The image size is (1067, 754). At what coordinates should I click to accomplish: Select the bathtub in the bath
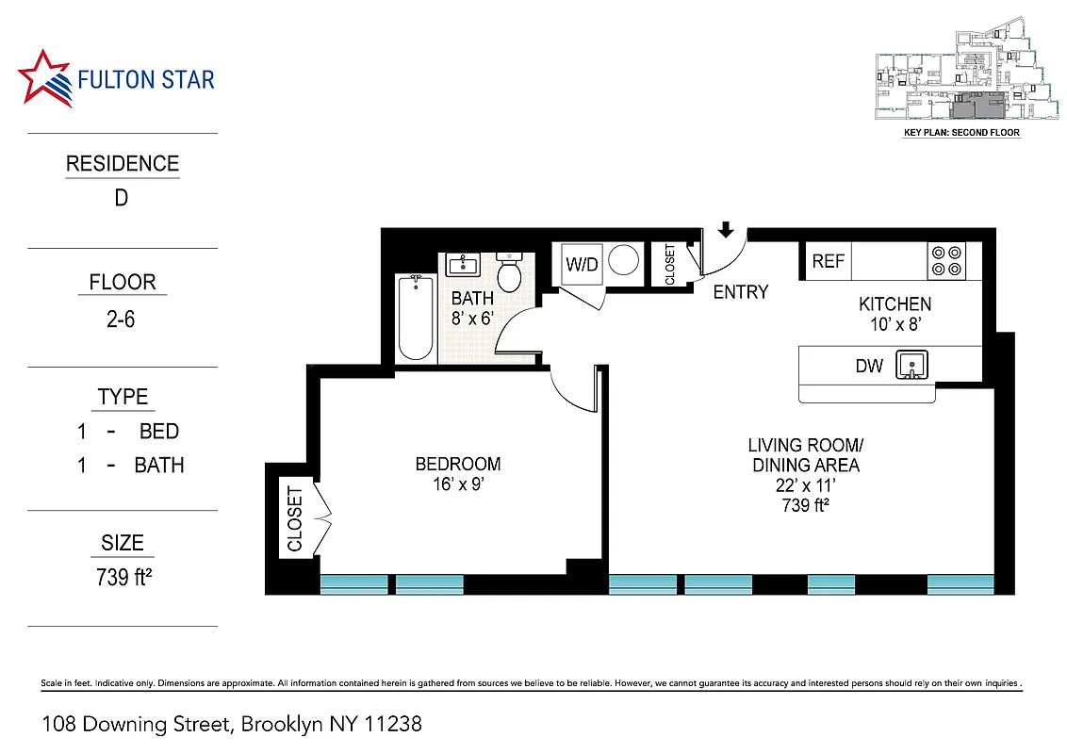pyautogui.click(x=415, y=318)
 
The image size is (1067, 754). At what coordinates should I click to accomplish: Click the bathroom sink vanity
pyautogui.click(x=462, y=264)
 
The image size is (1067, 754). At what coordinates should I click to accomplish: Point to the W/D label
pyautogui.click(x=582, y=265)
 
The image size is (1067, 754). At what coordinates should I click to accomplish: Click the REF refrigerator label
pyautogui.click(x=828, y=261)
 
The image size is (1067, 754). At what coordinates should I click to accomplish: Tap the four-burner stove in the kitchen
pyautogui.click(x=946, y=260)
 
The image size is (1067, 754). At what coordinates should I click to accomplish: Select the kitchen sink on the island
pyautogui.click(x=912, y=364)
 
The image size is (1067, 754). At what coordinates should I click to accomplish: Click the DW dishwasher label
pyautogui.click(x=868, y=366)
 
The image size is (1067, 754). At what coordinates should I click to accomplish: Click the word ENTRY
pyautogui.click(x=740, y=292)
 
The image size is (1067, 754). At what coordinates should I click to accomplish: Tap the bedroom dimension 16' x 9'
pyautogui.click(x=458, y=485)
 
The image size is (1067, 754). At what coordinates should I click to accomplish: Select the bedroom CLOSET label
pyautogui.click(x=294, y=519)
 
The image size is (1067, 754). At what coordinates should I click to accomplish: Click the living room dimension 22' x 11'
pyautogui.click(x=805, y=485)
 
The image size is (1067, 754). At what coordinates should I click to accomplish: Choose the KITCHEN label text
pyautogui.click(x=894, y=303)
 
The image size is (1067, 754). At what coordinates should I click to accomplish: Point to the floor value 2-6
pyautogui.click(x=122, y=320)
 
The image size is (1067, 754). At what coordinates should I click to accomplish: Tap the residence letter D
pyautogui.click(x=122, y=199)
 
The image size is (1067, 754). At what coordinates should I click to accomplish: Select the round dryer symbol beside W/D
pyautogui.click(x=623, y=261)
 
